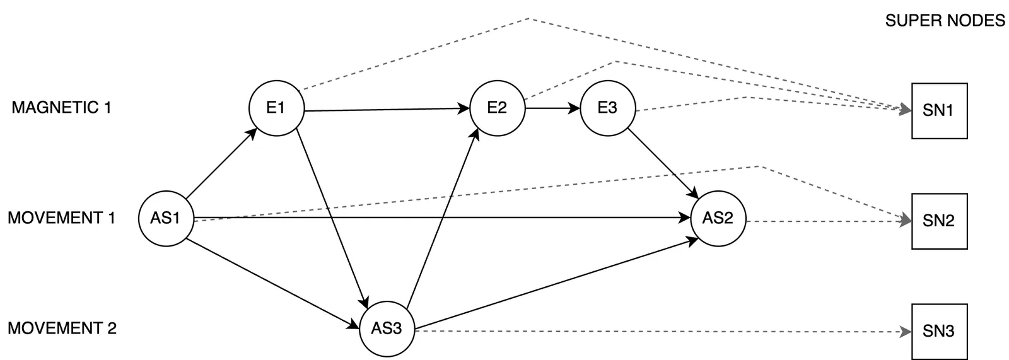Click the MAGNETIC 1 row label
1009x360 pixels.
[61, 108]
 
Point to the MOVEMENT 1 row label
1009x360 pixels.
[61, 218]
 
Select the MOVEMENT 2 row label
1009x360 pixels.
[62, 328]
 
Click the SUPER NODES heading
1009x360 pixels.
[945, 21]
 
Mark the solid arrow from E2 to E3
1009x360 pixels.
[552, 108]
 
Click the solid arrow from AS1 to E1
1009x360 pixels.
[221, 163]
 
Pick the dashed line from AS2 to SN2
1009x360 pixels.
[829, 221]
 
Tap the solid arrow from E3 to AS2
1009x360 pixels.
[663, 163]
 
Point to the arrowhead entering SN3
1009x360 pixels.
[906, 332]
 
